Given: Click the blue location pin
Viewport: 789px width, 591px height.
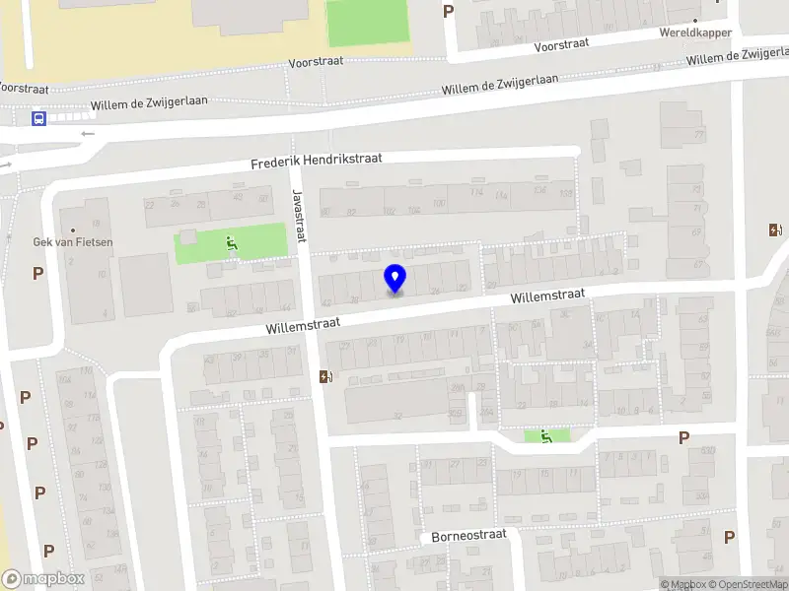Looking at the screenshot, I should [394, 279].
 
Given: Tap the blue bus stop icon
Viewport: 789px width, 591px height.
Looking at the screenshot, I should [38, 119].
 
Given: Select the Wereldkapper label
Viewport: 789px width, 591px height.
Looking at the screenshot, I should [695, 33].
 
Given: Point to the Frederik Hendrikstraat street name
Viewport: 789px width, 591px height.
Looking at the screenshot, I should [316, 161].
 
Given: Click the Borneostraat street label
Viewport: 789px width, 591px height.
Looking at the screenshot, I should [468, 536].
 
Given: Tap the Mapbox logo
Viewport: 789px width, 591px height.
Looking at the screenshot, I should [43, 579].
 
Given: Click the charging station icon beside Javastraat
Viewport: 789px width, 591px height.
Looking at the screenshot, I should [324, 376].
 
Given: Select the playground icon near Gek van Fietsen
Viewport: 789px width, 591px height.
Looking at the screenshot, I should [231, 243].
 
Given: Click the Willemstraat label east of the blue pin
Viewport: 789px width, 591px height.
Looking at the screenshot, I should [547, 295].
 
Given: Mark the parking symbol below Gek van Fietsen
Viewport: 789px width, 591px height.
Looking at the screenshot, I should [38, 273].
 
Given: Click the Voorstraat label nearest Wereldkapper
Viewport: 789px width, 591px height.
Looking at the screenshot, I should [561, 46].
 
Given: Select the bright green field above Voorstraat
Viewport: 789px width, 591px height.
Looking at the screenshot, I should [367, 22].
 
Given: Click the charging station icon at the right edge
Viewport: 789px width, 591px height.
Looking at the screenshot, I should [774, 230].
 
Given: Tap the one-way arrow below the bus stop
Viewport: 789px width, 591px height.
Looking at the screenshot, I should [88, 134].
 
